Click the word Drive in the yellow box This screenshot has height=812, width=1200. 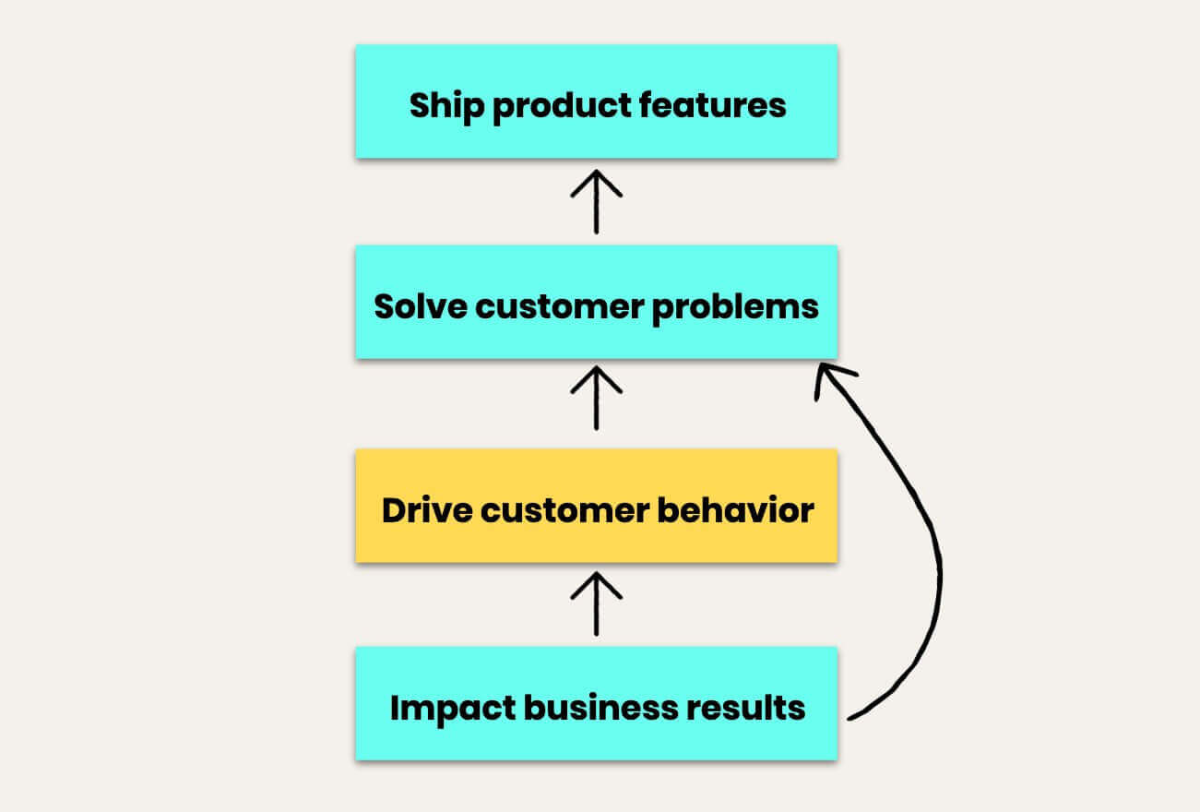(422, 509)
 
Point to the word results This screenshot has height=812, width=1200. (753, 709)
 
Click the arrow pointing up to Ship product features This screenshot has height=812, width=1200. (596, 201)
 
